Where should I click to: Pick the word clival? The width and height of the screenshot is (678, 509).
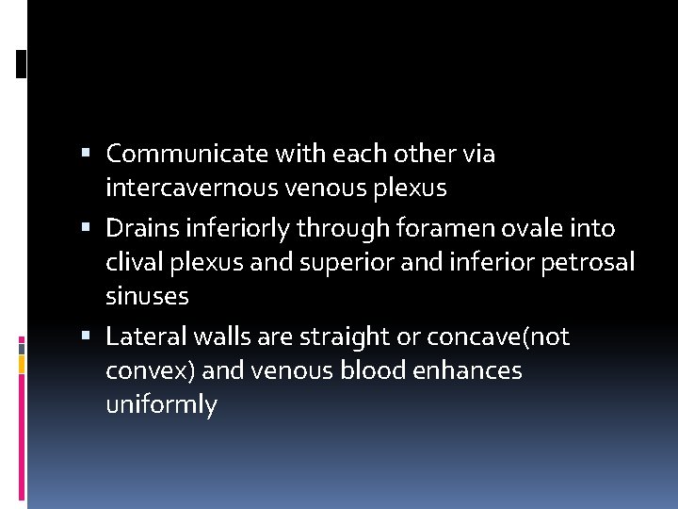click(134, 262)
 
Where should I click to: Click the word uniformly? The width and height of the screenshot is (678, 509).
click(161, 405)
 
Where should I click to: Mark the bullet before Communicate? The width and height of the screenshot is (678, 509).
click(86, 154)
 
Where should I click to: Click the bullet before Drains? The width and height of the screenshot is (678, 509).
click(86, 228)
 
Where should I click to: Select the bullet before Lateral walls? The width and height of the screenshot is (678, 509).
click(86, 337)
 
